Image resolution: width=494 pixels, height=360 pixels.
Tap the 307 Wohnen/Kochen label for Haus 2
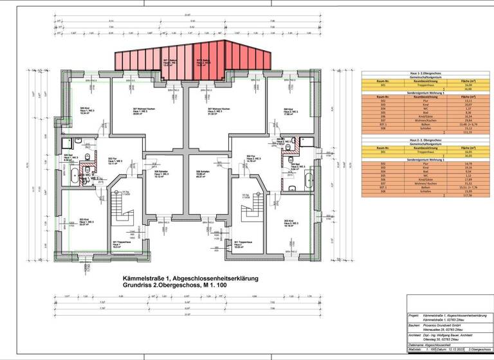(215, 111)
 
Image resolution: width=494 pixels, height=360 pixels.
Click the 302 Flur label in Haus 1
(114, 161)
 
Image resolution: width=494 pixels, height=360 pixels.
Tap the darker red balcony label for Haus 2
(204, 62)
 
